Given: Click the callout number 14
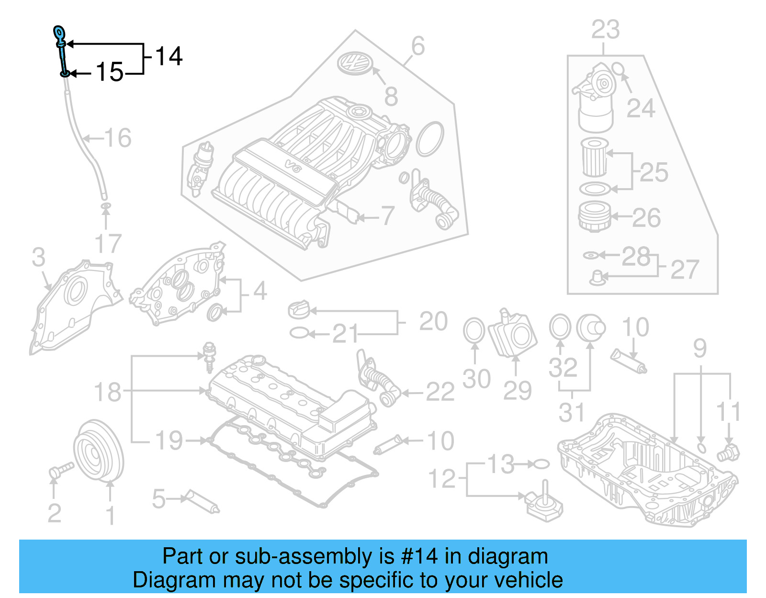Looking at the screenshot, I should [169, 56].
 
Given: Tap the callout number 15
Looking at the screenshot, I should [110, 72].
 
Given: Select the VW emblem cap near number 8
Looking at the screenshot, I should [354, 63].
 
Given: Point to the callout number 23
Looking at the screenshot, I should [605, 30].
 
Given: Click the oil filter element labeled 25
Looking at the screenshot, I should [594, 157].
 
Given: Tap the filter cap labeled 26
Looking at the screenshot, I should [594, 217].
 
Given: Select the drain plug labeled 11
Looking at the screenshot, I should [728, 452].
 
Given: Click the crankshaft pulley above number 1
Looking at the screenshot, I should [98, 450].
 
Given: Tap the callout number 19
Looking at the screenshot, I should [169, 440].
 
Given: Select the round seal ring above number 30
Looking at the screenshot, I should [474, 330].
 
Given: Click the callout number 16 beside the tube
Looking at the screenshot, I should [118, 138].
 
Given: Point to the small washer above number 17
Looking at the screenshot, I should [105, 206].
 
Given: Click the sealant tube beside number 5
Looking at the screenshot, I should [203, 501].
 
